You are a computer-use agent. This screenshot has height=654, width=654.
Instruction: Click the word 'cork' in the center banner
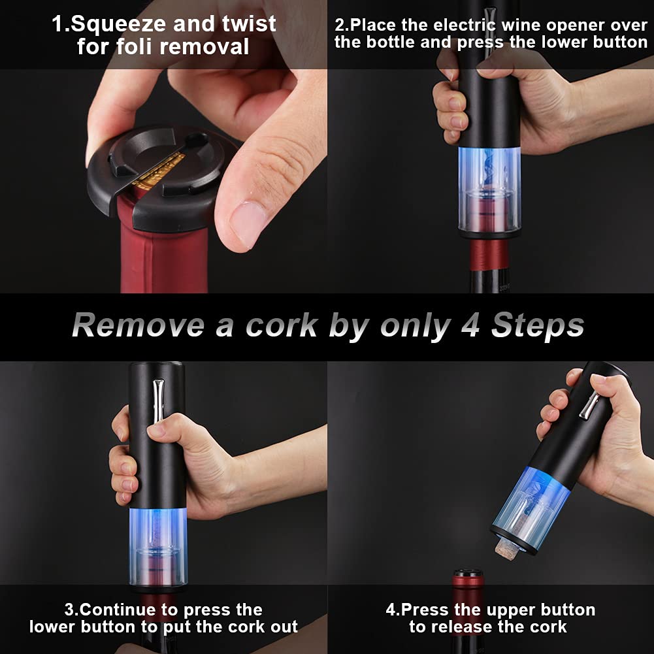coord(283,325)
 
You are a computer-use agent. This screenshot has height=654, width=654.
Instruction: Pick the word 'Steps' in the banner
coord(537,325)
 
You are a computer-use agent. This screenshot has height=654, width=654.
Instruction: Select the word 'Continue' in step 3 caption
coord(123,610)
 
